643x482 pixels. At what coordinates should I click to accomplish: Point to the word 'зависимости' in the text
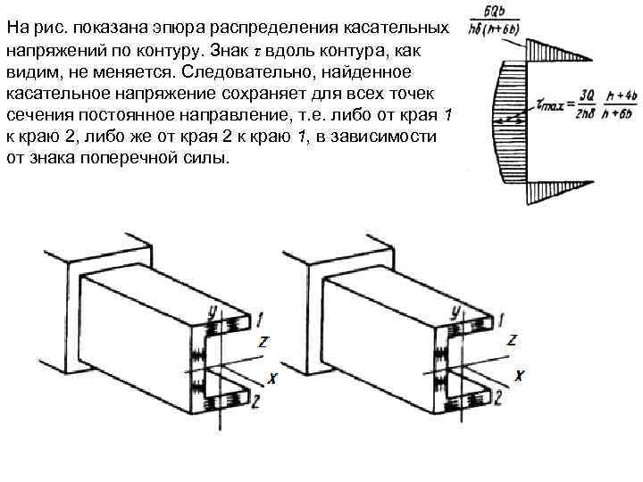(x=389, y=137)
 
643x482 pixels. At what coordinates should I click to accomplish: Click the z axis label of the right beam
(x=511, y=341)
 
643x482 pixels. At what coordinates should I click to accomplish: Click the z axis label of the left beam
(x=263, y=341)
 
